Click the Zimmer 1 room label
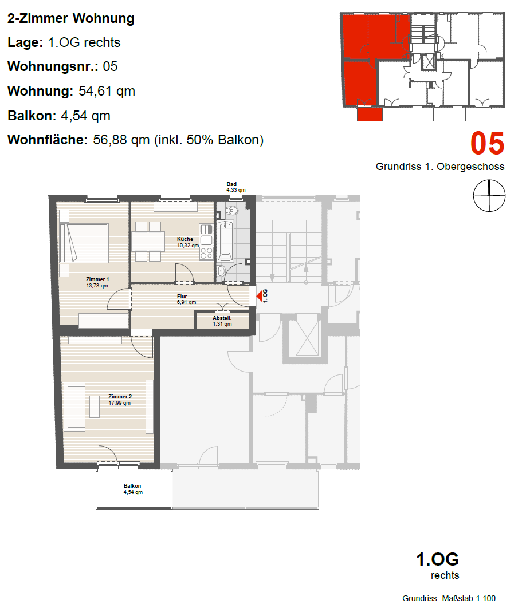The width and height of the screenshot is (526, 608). [97, 279]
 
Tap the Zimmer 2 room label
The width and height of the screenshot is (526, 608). [120, 397]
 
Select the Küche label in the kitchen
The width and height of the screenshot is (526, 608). [185, 239]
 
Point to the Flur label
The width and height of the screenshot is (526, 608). [182, 296]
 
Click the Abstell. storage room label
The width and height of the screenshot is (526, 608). [222, 318]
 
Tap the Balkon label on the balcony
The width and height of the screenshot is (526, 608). [132, 486]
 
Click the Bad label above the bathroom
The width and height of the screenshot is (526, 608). [231, 184]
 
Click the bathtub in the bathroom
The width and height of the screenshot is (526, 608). [225, 241]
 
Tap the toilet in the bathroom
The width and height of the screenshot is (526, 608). [231, 211]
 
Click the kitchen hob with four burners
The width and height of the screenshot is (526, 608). [206, 253]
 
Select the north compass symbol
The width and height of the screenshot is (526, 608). [489, 196]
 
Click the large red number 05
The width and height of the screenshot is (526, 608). [488, 144]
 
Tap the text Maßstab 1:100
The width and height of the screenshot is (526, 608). [469, 598]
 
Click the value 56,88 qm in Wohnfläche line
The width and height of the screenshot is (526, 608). [121, 140]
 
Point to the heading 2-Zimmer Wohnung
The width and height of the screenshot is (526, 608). [71, 18]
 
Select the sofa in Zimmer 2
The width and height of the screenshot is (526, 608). [74, 406]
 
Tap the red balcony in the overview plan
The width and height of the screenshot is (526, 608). [370, 114]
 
